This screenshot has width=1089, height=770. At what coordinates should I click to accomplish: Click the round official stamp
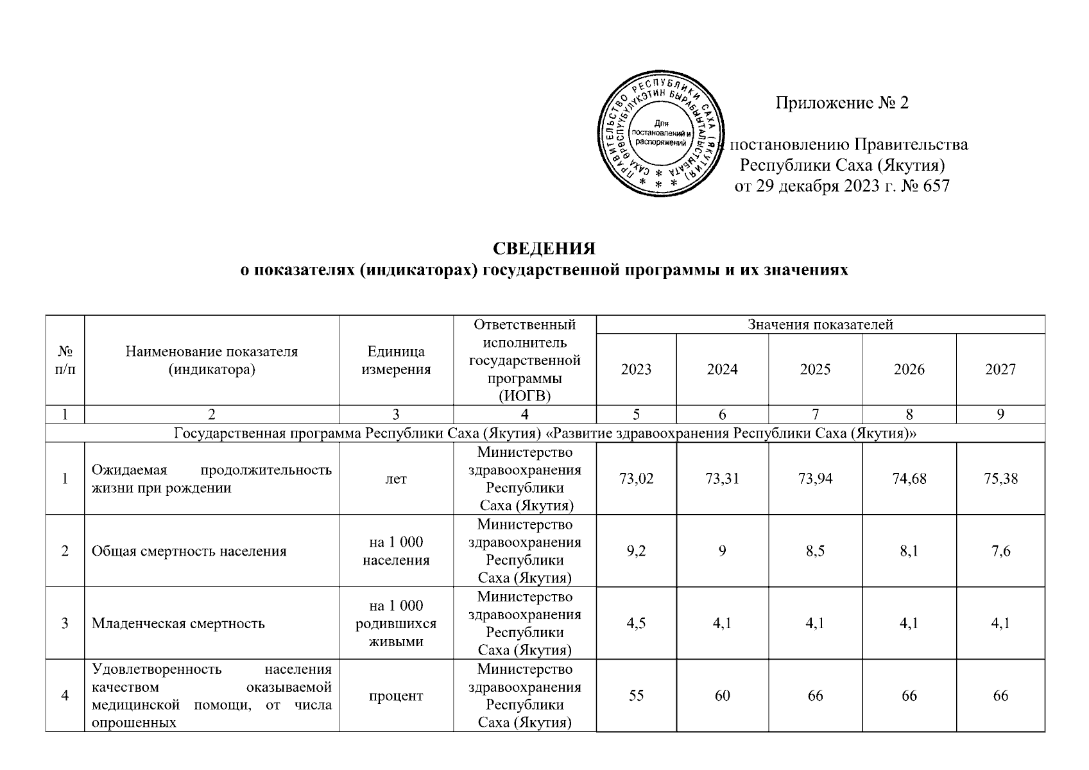coord(660,135)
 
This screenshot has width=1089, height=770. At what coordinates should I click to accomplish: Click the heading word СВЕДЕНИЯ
coord(544,248)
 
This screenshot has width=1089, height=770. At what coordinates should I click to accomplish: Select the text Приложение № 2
coord(842,103)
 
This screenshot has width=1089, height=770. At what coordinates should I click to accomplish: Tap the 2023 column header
coord(636,369)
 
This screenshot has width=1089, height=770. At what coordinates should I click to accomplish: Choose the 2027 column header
coord(1000,369)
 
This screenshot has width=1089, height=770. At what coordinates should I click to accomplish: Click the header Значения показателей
coord(820,325)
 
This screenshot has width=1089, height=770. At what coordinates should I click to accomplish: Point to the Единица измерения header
coord(396,360)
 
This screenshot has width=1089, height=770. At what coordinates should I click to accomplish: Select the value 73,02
coord(636,478)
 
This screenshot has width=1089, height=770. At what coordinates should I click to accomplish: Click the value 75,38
coord(1000,478)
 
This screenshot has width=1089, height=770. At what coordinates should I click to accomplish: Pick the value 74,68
coord(909,478)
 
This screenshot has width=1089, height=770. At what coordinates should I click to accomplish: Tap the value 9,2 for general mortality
coord(636,551)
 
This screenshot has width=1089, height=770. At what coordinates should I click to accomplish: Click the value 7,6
coord(1000,551)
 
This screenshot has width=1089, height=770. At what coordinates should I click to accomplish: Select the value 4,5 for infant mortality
coord(636,623)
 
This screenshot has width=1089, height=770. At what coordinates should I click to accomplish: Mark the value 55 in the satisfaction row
coord(636,696)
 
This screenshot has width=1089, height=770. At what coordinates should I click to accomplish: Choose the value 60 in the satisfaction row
coord(722,696)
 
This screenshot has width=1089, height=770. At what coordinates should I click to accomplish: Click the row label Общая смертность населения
coord(189,551)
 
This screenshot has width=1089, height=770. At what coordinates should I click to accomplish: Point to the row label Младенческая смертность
coord(178,623)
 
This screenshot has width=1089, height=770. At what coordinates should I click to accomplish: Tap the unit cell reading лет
coord(396,478)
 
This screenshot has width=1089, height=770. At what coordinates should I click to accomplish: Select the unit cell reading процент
coord(396,696)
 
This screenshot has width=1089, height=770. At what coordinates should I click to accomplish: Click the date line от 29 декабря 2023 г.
coord(841,187)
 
